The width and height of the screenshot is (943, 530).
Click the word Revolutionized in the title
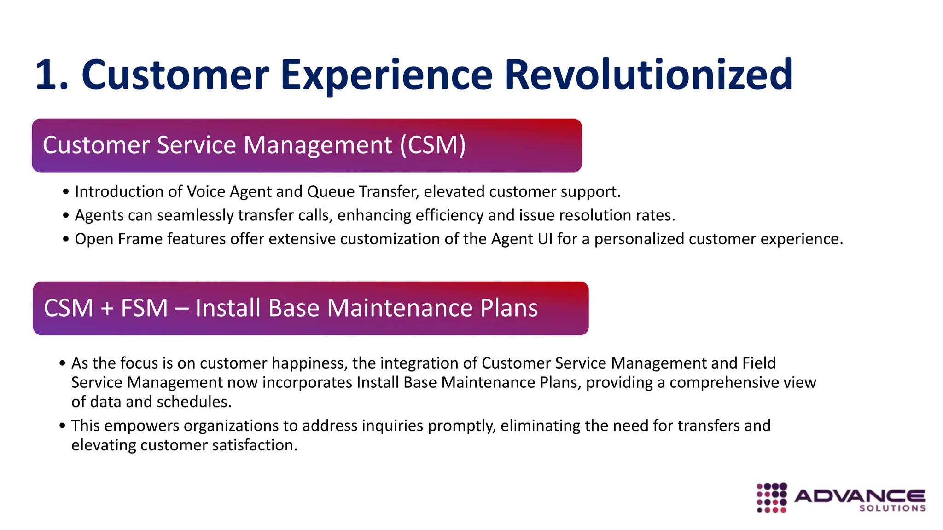648,75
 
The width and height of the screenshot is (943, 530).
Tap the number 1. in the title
52,75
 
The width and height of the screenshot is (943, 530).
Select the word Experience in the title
386,75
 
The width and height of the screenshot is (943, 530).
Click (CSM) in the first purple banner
433,145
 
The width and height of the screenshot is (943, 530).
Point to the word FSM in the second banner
144,308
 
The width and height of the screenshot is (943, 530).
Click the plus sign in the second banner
107,309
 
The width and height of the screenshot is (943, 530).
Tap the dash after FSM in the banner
182,309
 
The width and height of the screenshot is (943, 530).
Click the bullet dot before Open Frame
66,240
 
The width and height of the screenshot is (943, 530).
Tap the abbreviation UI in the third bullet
545,239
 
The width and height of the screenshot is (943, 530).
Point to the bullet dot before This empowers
63,426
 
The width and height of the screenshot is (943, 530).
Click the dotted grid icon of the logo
772,497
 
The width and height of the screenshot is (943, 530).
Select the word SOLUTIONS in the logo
892,508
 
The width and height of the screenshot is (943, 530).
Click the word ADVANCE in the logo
859,496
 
